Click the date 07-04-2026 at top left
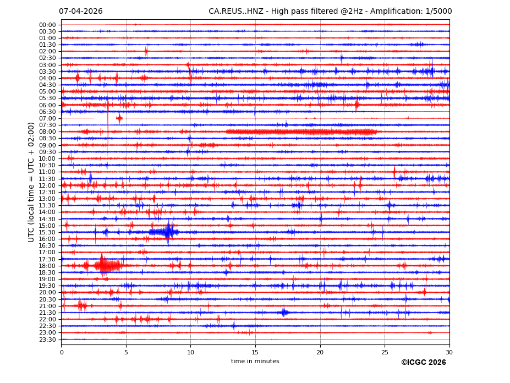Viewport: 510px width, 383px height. [x=80, y=11]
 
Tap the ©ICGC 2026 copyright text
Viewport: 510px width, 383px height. [x=423, y=362]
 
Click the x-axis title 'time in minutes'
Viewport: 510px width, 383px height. [x=255, y=361]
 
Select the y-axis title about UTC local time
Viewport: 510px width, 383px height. [x=31, y=182]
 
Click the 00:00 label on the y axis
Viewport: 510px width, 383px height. [x=47, y=25]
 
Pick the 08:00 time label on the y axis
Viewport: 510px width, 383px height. [x=47, y=132]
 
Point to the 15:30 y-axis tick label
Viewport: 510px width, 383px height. [x=47, y=232]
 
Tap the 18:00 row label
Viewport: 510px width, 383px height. [x=47, y=266]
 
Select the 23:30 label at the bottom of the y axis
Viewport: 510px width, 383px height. [x=47, y=340]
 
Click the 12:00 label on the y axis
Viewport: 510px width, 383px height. [x=47, y=185]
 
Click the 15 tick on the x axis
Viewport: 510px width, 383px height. [x=255, y=352]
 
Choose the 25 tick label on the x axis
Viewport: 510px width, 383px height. [x=385, y=352]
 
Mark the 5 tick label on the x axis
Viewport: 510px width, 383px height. [x=126, y=352]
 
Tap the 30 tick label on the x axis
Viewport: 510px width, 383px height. [x=449, y=352]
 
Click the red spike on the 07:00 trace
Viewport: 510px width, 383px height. [x=119, y=118]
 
